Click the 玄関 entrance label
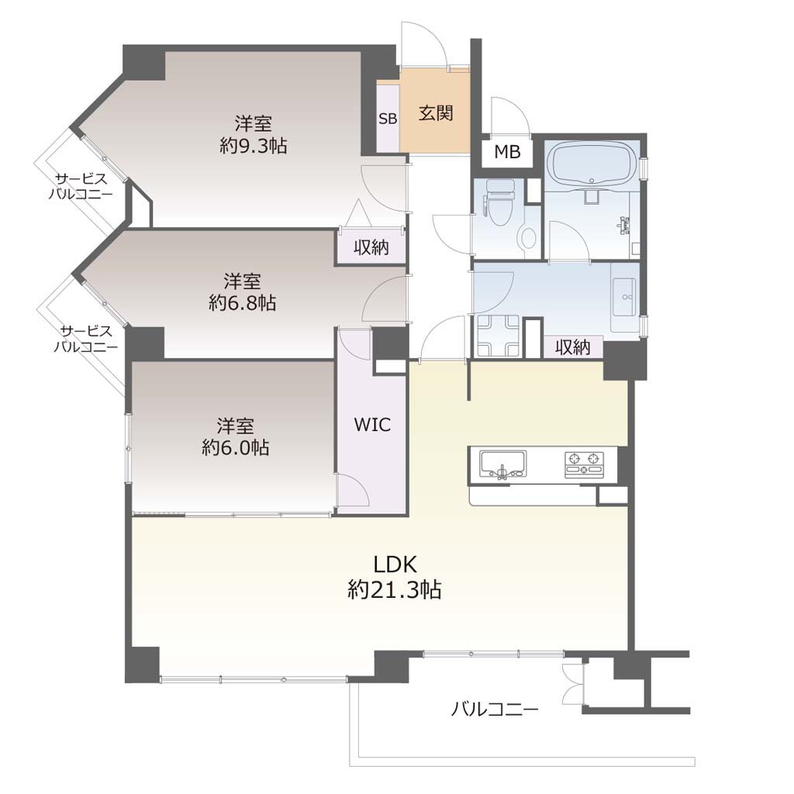point(436,113)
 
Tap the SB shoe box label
point(388,119)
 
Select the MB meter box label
point(507,151)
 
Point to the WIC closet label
point(372,424)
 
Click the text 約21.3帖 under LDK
point(395,589)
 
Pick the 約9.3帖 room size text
point(254,146)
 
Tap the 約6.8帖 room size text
point(242,303)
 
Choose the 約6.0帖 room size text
point(235,447)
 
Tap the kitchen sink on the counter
point(502,464)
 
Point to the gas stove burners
point(585,464)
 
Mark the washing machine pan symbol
point(498,336)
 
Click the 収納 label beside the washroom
point(573,347)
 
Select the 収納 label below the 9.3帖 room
point(371,247)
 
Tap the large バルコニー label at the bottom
point(495,709)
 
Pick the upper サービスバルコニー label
point(81,186)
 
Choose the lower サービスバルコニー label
point(86,339)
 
